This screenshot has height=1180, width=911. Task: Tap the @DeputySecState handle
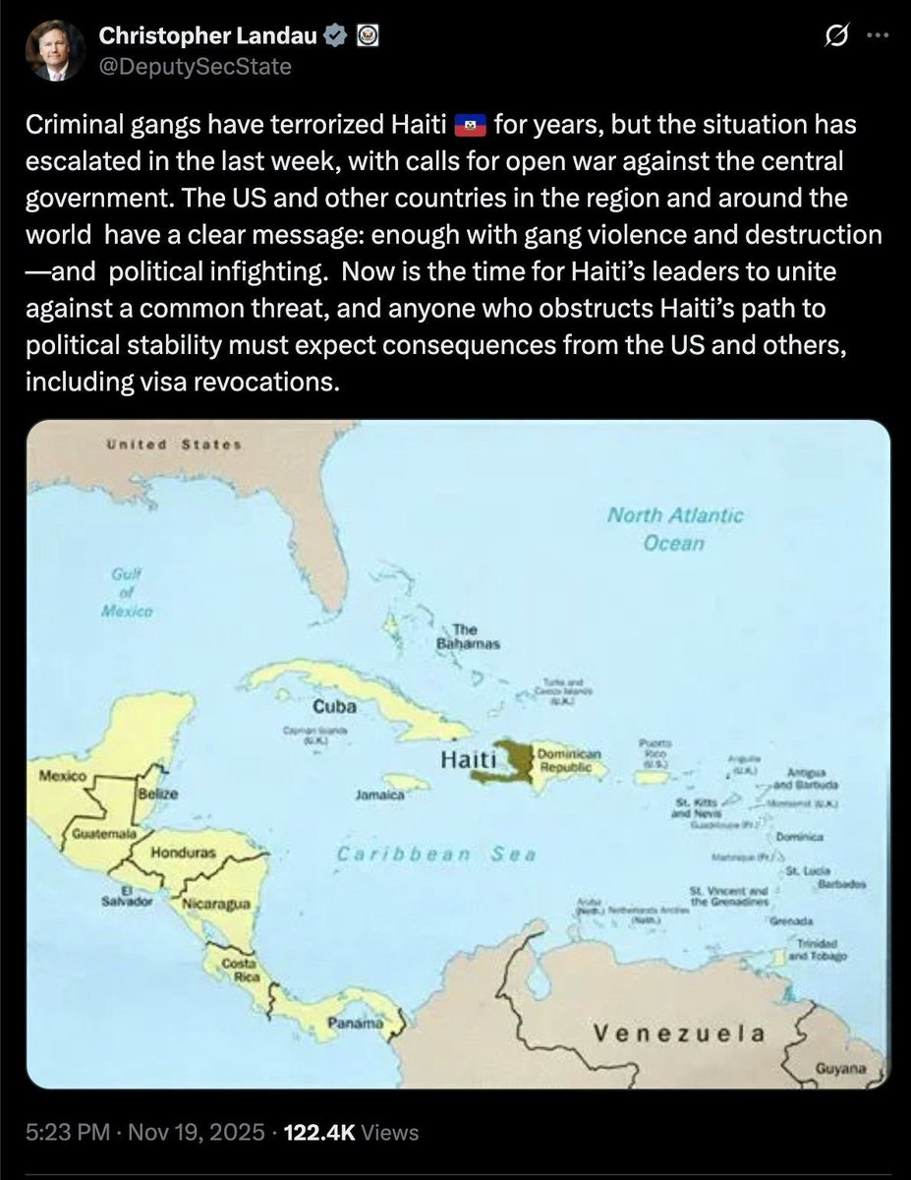pos(195,66)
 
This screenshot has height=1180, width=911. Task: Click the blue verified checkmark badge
pos(334,36)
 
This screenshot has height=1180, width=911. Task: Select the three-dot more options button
pos(874,36)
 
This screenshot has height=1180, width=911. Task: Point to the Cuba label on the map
pos(334,706)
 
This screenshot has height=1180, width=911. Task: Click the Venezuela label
pos(679,1032)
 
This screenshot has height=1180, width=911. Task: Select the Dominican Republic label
pos(561,758)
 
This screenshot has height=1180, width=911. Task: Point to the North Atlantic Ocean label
pos(674,528)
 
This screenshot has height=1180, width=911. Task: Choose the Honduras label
pos(183,852)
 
